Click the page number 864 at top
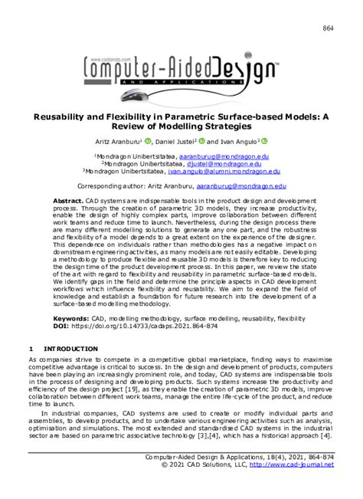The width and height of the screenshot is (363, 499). (327, 29)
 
